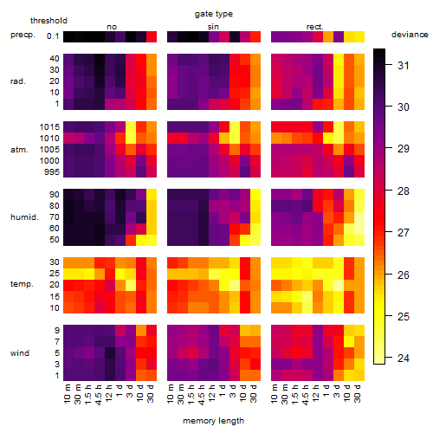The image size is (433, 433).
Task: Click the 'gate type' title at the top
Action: (214, 14)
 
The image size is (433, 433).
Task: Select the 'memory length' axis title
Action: (213, 421)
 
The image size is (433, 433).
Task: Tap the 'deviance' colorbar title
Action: (410, 35)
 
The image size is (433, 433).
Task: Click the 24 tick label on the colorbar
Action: (404, 359)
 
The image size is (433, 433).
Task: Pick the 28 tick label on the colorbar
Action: (404, 191)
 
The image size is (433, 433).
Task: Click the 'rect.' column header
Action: (314, 27)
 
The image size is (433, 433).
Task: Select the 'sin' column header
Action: (213, 27)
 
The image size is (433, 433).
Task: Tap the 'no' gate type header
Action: (112, 27)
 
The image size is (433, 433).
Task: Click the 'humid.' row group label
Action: (24, 217)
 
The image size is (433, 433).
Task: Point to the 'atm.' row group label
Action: (19, 150)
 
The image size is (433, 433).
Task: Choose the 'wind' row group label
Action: (20, 353)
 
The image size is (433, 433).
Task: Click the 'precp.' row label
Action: (23, 35)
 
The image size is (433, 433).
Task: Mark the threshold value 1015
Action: (49, 127)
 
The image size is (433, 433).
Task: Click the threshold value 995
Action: (52, 172)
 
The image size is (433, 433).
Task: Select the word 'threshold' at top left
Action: (48, 21)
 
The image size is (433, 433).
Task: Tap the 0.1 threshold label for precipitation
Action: (53, 36)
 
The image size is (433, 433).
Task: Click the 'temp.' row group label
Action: (22, 284)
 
